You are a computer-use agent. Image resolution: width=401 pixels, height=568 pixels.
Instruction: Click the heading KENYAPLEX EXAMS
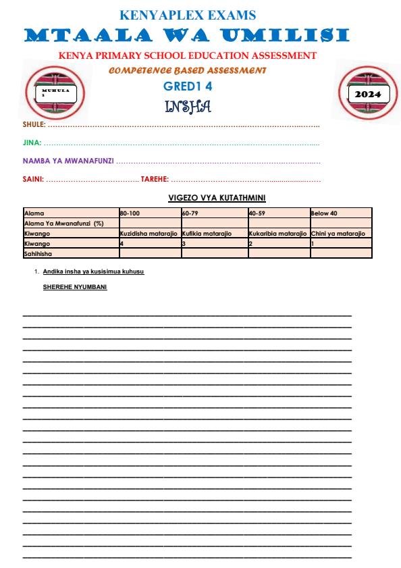tap(188, 14)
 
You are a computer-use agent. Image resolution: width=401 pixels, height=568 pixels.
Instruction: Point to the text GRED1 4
tap(188, 86)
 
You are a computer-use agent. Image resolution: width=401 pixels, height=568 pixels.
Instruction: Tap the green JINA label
tap(32, 143)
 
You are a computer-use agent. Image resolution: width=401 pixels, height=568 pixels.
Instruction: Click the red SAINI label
tap(33, 179)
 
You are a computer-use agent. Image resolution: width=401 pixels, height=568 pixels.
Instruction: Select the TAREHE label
tap(155, 179)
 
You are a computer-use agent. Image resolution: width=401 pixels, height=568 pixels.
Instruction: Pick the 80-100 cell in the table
tap(130, 213)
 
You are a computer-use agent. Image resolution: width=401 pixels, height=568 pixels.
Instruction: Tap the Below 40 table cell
tap(324, 213)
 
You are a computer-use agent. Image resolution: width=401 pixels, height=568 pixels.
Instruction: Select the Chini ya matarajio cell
tap(338, 233)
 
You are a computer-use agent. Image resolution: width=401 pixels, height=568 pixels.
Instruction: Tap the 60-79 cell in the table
tap(191, 213)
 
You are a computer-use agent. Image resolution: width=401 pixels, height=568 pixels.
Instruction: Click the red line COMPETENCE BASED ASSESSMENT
tap(188, 70)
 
